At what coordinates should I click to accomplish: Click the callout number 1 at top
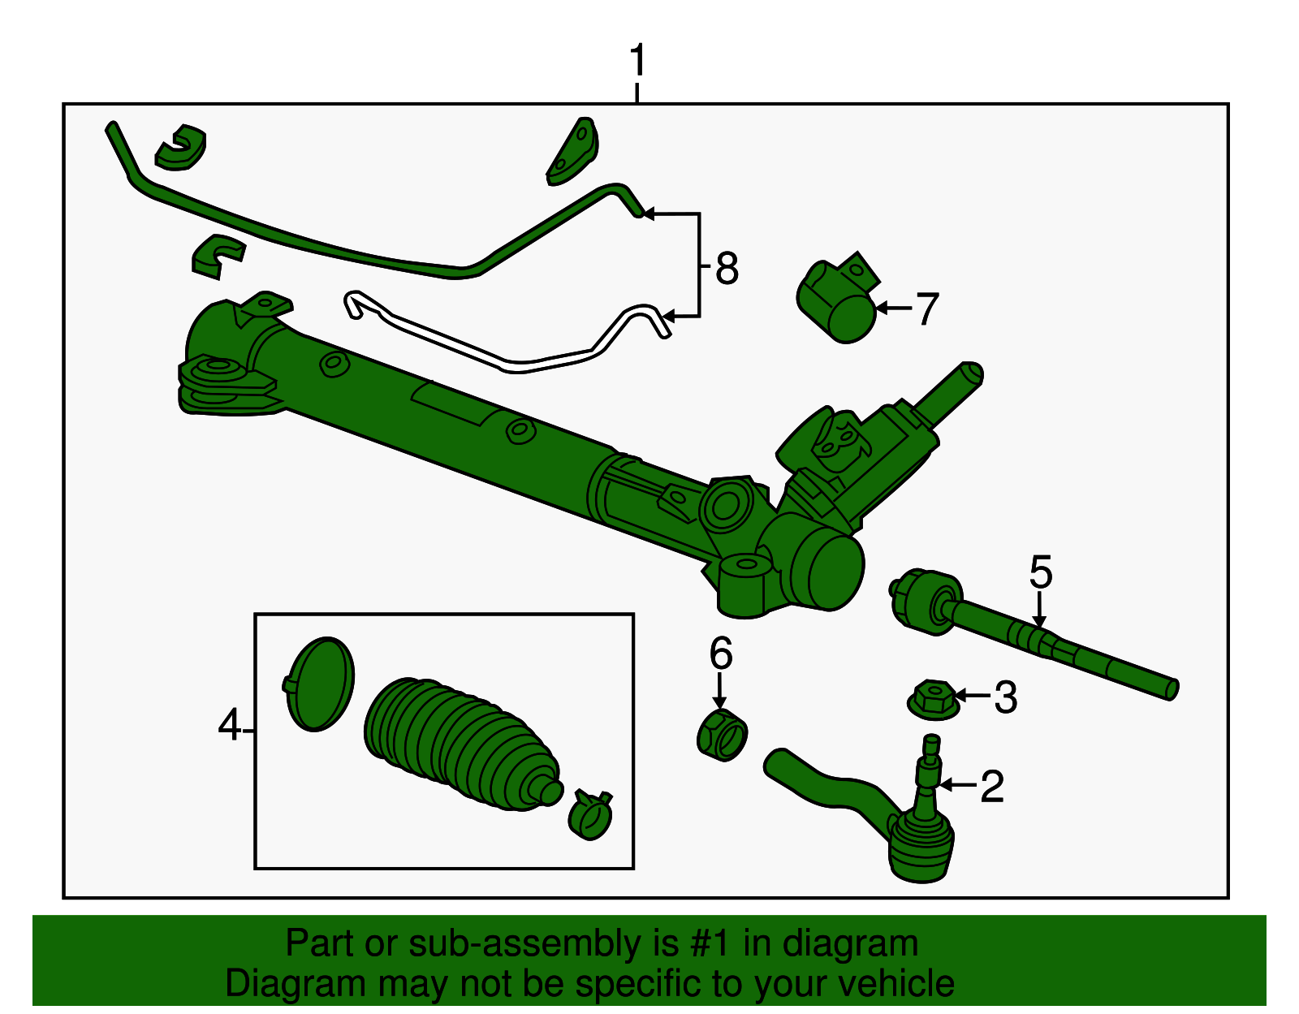638,61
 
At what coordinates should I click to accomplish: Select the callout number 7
926,309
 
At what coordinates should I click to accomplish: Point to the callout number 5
1040,572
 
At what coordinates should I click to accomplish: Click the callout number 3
1005,697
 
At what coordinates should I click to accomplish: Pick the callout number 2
992,786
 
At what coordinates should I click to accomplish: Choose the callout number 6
720,654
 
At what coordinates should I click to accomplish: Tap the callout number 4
230,725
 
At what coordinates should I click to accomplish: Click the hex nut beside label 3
932,699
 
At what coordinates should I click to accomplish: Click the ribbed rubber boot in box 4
459,743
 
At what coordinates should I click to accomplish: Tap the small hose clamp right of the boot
591,814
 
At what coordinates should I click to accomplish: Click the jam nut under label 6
722,734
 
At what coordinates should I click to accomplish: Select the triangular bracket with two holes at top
573,152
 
